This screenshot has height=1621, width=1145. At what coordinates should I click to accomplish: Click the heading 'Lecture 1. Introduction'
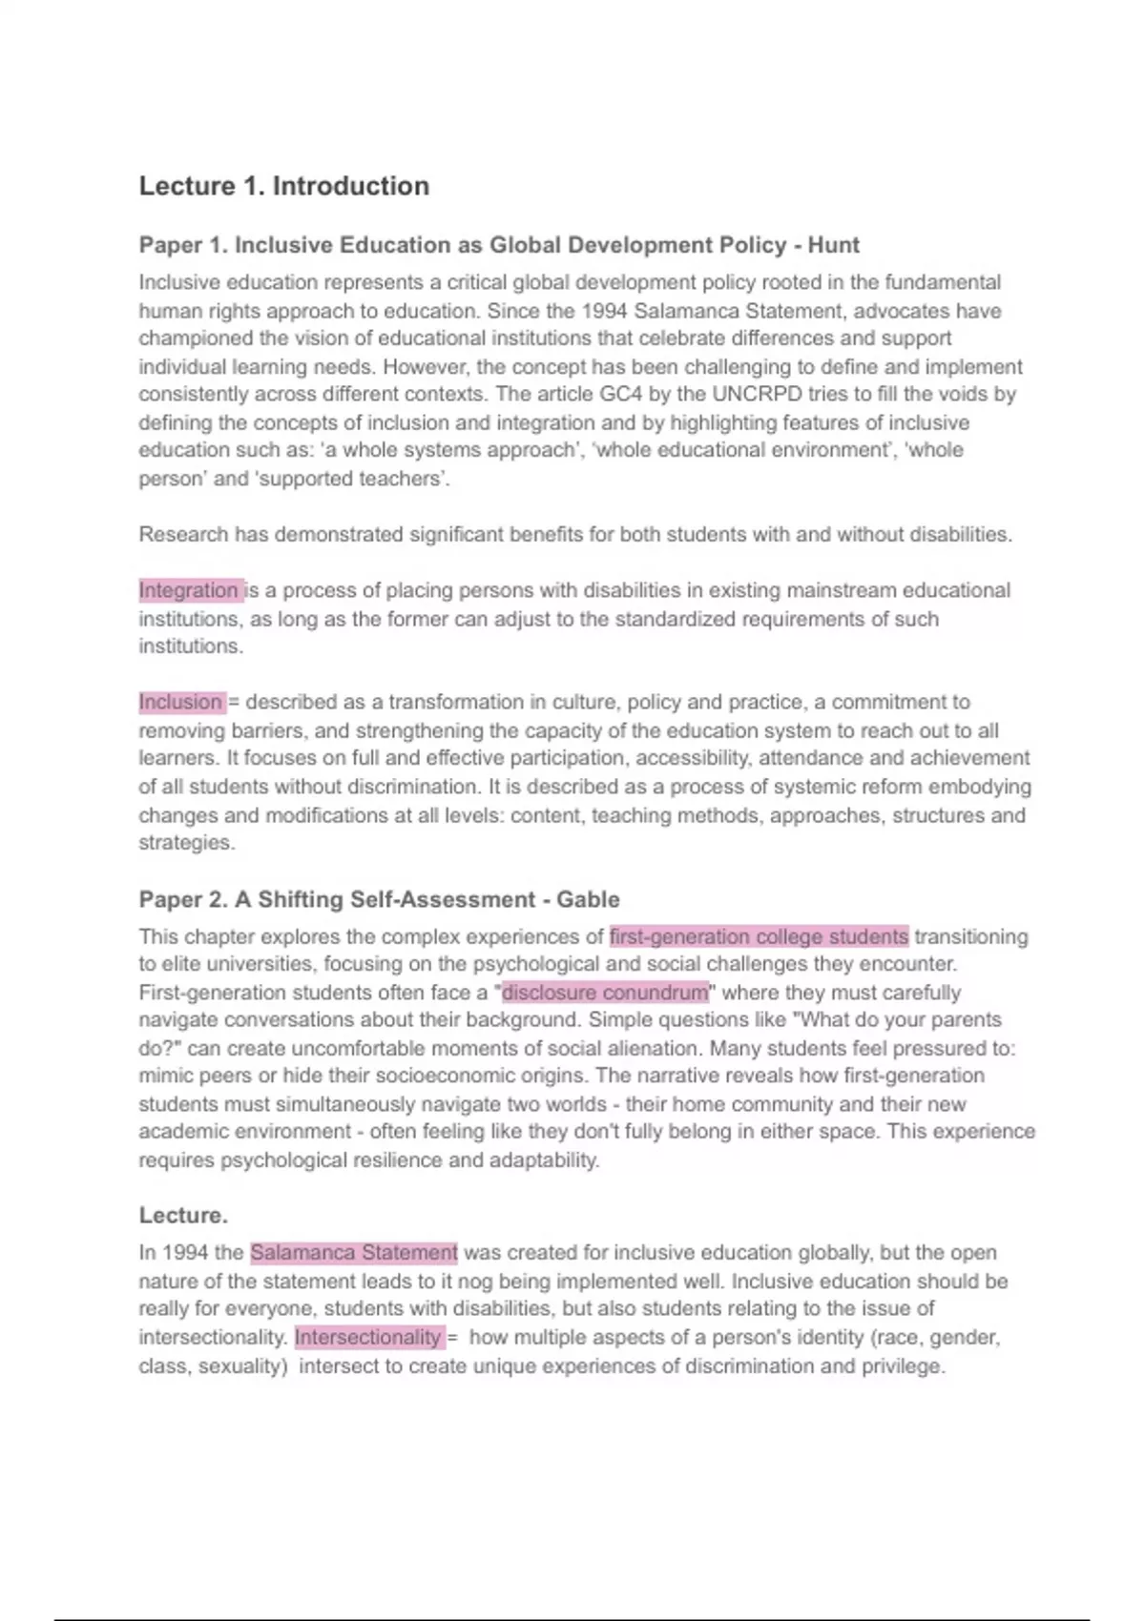pos(283,186)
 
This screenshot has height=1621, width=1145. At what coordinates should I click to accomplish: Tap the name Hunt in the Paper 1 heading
pos(833,245)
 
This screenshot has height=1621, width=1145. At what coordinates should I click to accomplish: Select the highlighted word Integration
pos(189,590)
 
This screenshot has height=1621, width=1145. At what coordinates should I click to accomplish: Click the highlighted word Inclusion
pos(180,703)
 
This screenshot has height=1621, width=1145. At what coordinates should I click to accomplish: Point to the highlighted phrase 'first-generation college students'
pos(759,936)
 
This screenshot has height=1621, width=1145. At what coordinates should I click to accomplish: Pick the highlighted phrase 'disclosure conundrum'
pos(605,993)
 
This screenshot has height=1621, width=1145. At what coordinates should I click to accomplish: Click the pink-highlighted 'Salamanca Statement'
pos(354,1253)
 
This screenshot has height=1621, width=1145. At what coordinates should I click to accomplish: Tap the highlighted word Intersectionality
pos(367,1338)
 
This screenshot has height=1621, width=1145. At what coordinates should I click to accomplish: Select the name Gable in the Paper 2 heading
pos(588,899)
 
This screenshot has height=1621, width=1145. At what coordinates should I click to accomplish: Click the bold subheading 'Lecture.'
pos(183,1216)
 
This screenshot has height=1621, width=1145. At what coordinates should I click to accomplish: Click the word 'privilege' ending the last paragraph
pos(902,1366)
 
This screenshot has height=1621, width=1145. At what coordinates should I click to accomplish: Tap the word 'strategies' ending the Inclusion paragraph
pos(185,843)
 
